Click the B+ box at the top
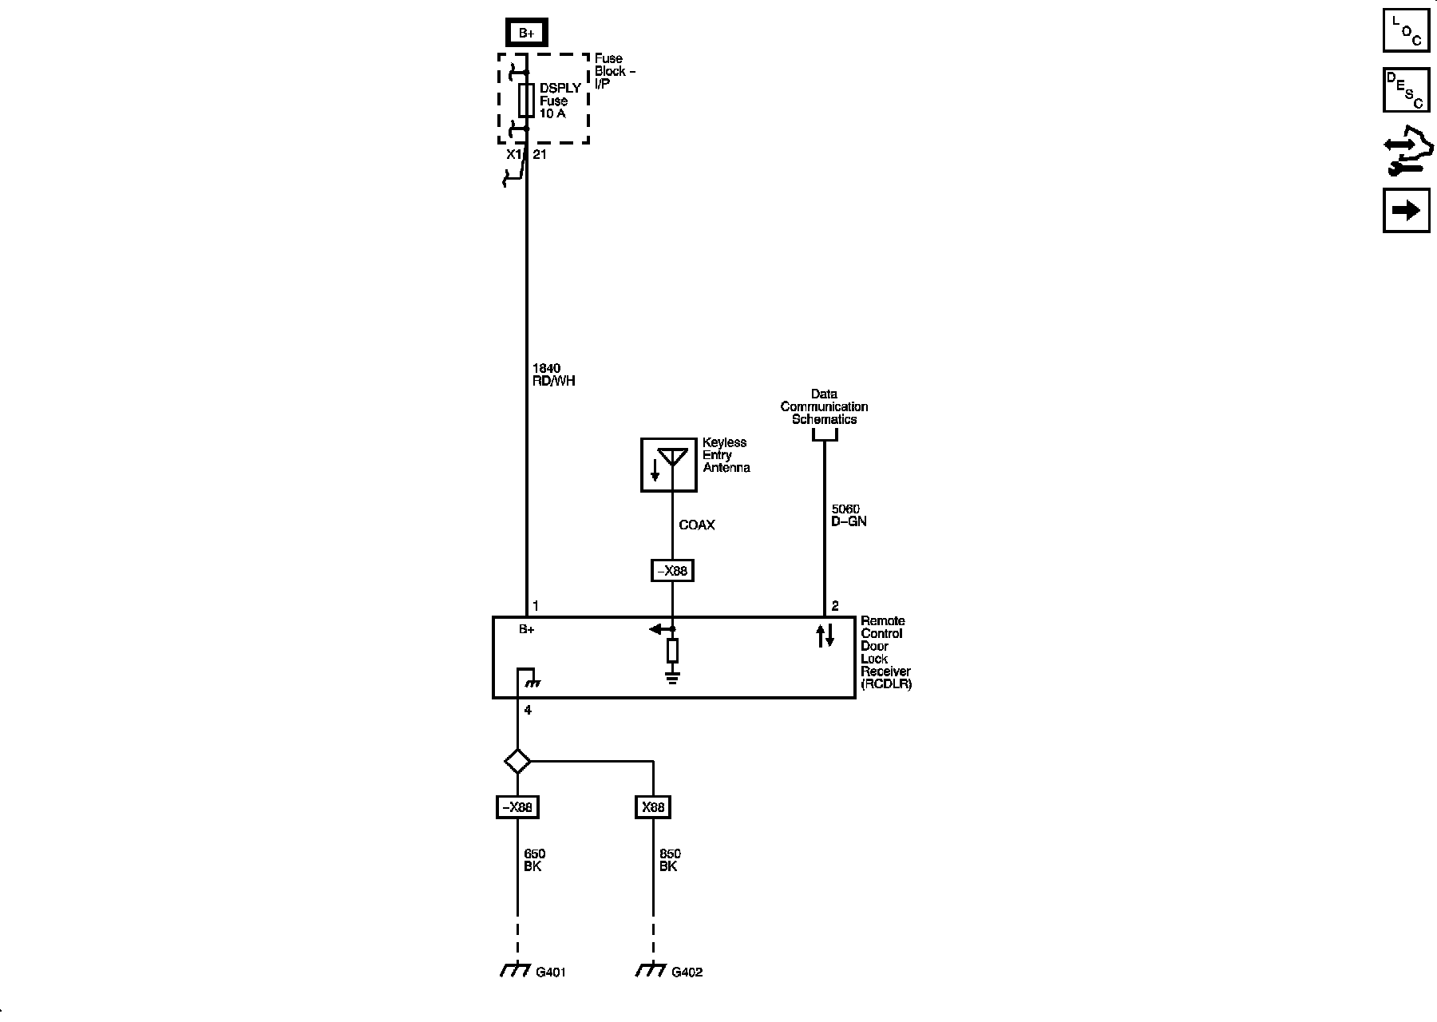click(526, 33)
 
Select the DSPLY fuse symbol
click(526, 101)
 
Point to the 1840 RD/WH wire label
click(553, 374)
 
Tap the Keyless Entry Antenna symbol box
click(669, 464)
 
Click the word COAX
click(696, 525)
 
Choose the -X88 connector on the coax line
click(672, 572)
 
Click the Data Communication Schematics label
click(824, 406)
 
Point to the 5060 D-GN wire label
click(849, 515)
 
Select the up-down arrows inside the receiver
click(825, 636)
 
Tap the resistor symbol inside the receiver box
click(672, 651)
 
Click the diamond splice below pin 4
click(517, 761)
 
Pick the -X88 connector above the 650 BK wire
click(517, 807)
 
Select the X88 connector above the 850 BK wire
click(653, 807)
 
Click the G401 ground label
click(551, 972)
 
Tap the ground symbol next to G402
click(651, 971)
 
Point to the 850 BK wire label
click(670, 860)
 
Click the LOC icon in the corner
click(1406, 30)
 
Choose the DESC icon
click(1406, 90)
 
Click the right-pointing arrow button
click(1406, 210)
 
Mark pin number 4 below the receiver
click(528, 710)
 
